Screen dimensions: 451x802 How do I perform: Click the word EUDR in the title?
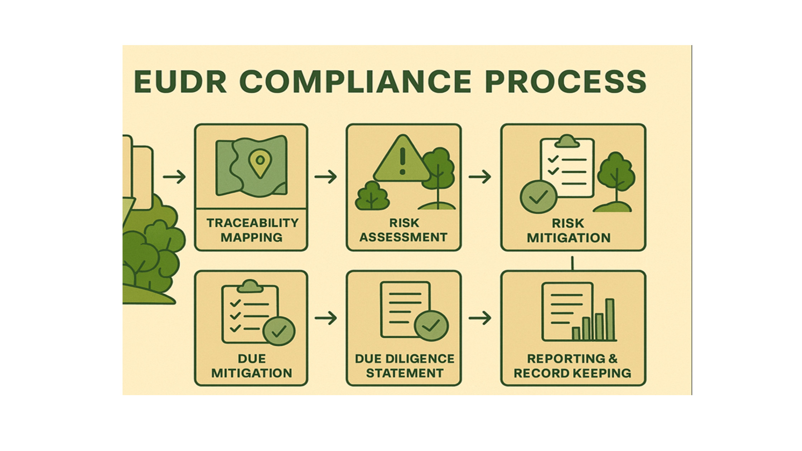coord(180,82)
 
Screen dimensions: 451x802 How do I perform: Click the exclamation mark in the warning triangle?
coord(403,161)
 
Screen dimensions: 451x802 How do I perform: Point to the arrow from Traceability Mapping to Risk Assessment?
coord(326,177)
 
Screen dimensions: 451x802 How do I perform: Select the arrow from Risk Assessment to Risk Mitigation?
coord(480,177)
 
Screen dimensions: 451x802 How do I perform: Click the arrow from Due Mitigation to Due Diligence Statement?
coord(326,318)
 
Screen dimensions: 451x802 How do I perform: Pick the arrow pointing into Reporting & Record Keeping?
coord(480,318)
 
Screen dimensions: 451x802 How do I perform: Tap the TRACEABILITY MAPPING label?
coord(252,230)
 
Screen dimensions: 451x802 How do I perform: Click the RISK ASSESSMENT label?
coord(404,230)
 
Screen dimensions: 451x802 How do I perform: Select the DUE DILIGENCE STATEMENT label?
coord(405,366)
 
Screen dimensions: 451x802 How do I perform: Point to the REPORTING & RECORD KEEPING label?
coord(572,366)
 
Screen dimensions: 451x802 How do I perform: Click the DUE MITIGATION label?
coord(252,366)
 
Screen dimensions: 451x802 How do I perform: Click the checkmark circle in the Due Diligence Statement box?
coord(431,326)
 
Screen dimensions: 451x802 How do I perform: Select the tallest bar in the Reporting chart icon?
coord(610,319)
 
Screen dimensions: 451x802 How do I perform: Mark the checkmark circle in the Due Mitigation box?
coord(279,331)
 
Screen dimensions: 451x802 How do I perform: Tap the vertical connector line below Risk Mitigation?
coord(572,263)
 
